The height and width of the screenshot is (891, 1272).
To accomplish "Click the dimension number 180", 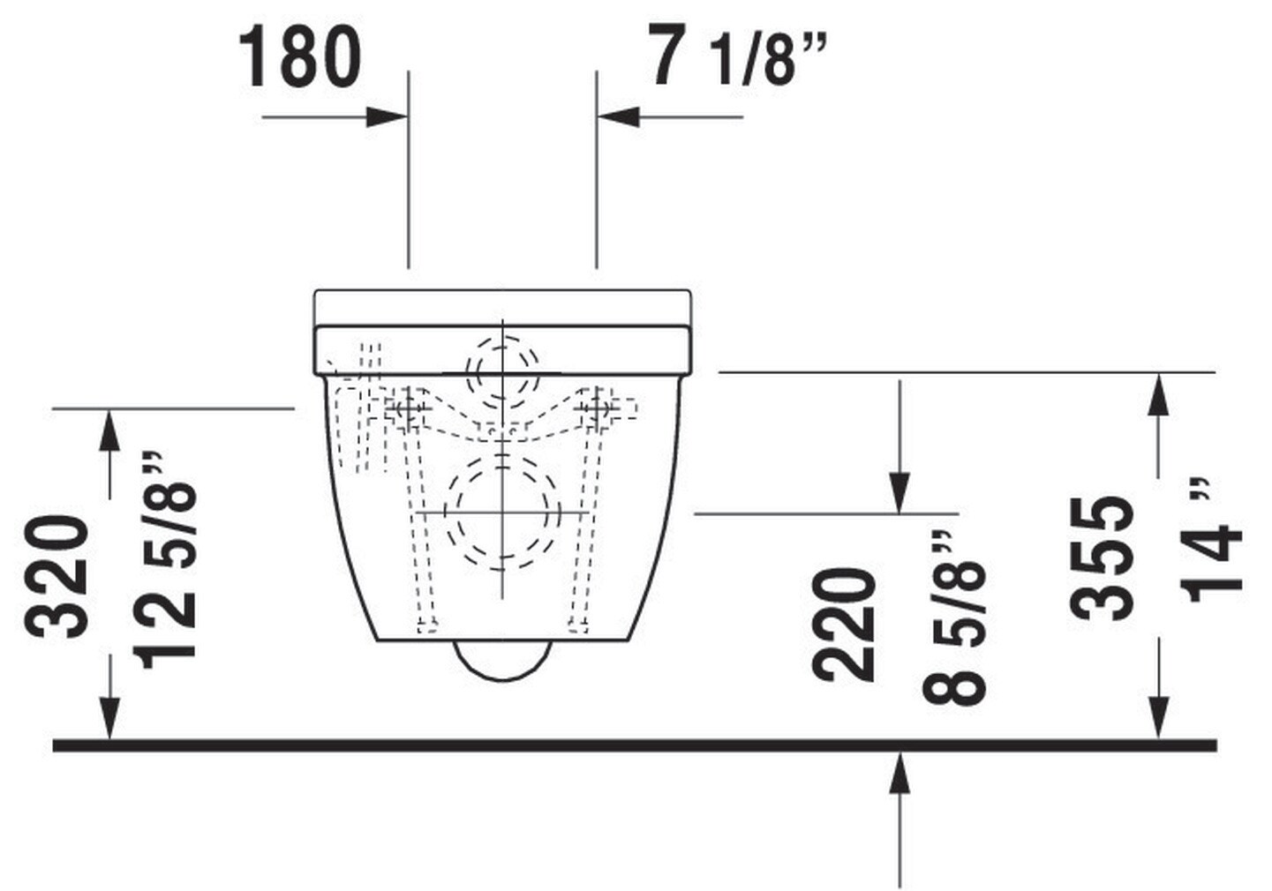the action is tap(300, 57).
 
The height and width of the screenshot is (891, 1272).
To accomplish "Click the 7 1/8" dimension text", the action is tap(738, 55).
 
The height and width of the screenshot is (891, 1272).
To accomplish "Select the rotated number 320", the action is tap(56, 577).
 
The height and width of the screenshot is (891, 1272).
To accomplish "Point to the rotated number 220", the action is tap(844, 624).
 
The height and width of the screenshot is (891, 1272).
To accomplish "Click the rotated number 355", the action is tap(1101, 558).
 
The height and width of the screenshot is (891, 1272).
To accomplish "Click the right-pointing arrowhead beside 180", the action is tap(387, 117).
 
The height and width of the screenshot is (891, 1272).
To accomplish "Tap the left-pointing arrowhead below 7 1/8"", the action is tap(619, 117).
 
